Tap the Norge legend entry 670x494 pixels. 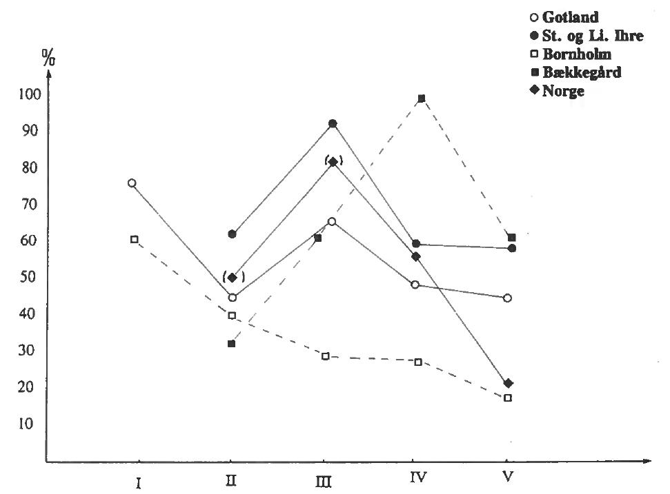562,91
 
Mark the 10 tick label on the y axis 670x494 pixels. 25,424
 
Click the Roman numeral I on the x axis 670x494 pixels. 139,483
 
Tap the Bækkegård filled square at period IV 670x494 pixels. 421,99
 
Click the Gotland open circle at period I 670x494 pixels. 132,183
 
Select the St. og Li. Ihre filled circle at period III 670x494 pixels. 333,124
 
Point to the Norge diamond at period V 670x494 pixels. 509,383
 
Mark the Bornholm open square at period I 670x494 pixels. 135,240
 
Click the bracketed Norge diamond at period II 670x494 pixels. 233,278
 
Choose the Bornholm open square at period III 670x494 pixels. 326,356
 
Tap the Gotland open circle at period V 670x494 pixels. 508,298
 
